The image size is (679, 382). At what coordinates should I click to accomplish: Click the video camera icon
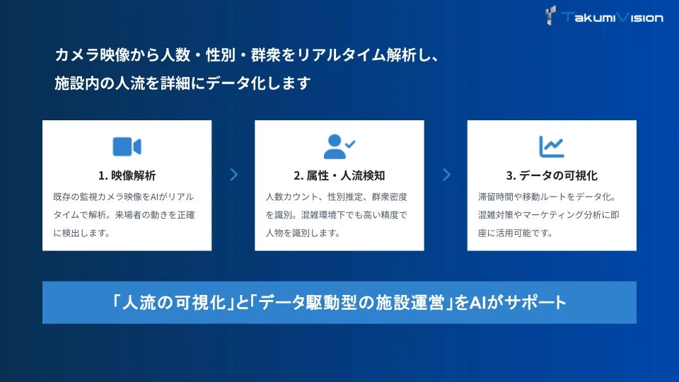coord(127,146)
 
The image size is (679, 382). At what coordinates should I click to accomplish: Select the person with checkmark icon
coord(339,146)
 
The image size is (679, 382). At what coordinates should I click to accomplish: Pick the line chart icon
coord(551,146)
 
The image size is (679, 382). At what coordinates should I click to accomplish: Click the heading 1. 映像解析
coord(127,175)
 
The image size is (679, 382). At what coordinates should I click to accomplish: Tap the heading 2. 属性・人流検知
coord(339,175)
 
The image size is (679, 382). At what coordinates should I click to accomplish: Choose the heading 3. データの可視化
coord(552,175)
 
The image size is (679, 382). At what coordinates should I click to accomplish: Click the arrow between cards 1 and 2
coord(233,175)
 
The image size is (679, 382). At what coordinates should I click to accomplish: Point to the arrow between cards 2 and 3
coord(446,175)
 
